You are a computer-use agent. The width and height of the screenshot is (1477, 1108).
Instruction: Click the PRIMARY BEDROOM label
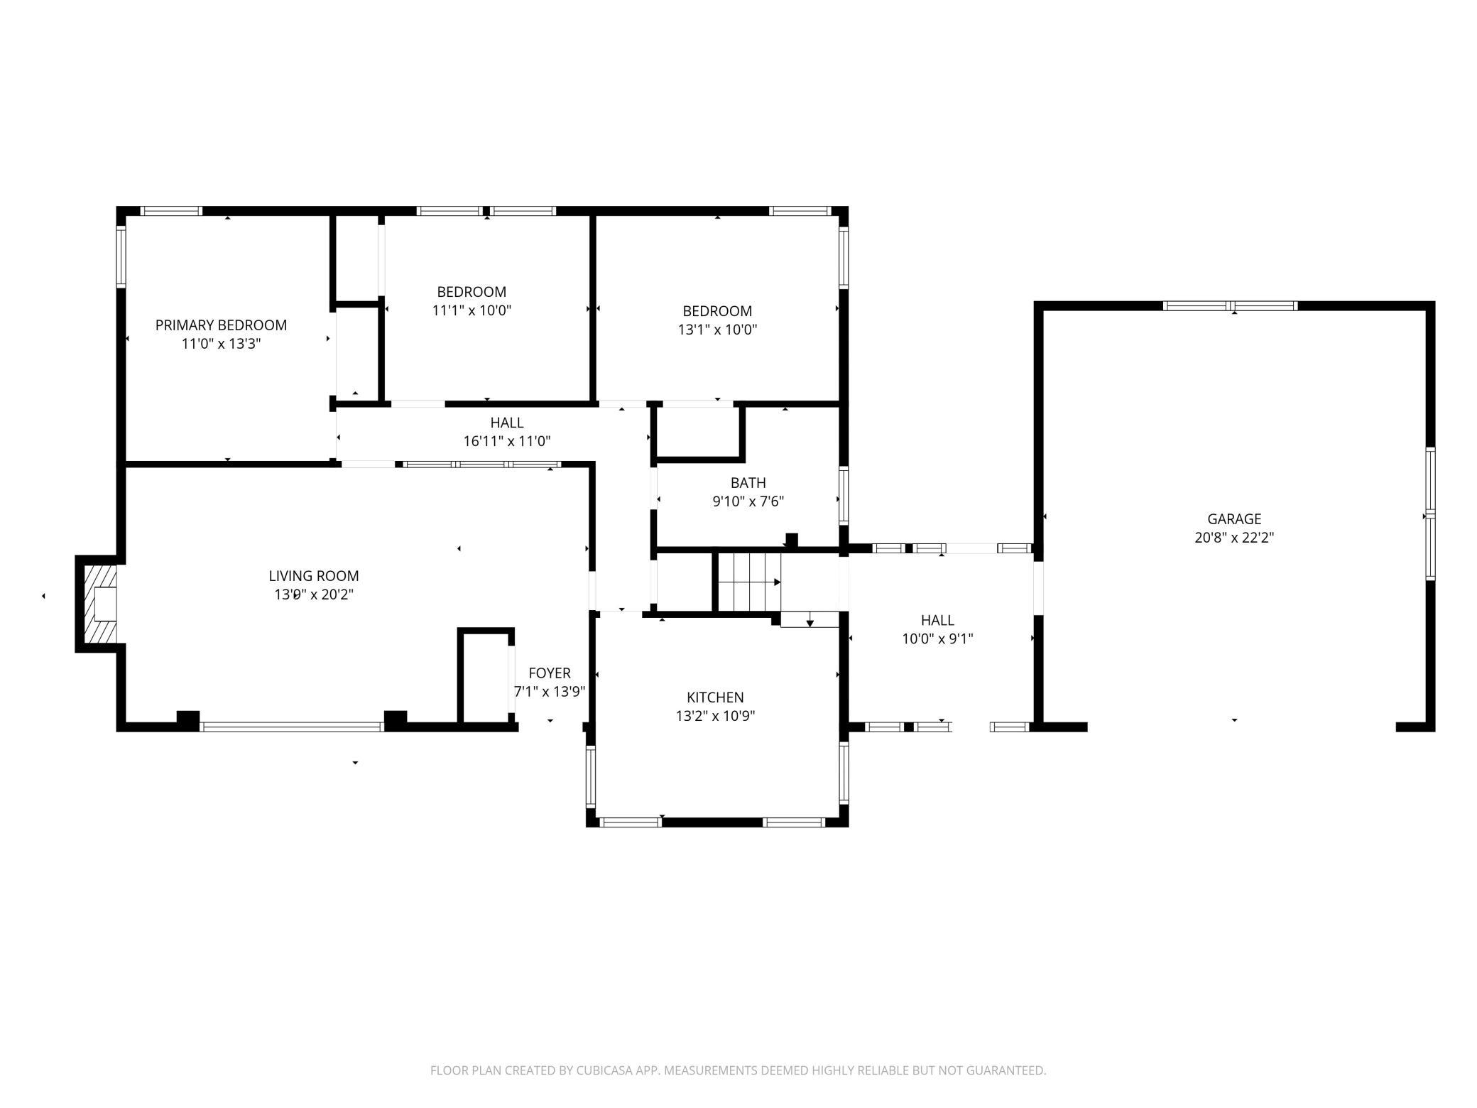(221, 325)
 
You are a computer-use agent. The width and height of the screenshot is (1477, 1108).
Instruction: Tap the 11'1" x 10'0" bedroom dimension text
(472, 310)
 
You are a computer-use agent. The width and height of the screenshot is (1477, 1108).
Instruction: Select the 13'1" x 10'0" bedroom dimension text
(717, 330)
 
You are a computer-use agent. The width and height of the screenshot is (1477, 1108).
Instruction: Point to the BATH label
(748, 483)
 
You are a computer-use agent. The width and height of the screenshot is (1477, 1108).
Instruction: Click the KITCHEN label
(715, 697)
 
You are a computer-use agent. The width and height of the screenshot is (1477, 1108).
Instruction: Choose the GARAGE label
(1234, 519)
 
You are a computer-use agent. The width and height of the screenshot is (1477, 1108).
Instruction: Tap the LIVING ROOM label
(314, 576)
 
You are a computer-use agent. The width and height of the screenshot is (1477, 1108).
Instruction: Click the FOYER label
(550, 673)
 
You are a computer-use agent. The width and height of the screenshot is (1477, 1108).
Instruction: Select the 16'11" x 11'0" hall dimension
(507, 441)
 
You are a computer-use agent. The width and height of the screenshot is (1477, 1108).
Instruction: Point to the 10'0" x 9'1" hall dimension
(937, 639)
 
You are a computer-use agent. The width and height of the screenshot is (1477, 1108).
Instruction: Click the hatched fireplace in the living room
(100, 604)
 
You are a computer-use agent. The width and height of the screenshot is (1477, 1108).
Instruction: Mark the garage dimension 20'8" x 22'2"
(1234, 538)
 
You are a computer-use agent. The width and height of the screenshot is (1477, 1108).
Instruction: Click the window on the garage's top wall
(1230, 306)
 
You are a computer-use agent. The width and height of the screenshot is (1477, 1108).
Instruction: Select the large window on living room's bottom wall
(292, 727)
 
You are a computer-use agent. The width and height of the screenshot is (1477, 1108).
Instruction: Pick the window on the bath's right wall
(844, 495)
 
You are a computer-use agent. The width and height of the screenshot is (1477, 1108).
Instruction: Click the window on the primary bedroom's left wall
(121, 256)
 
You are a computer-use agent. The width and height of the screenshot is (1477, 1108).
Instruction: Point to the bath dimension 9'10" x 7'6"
(748, 501)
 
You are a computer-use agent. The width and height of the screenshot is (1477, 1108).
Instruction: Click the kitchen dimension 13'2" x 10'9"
(715, 716)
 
